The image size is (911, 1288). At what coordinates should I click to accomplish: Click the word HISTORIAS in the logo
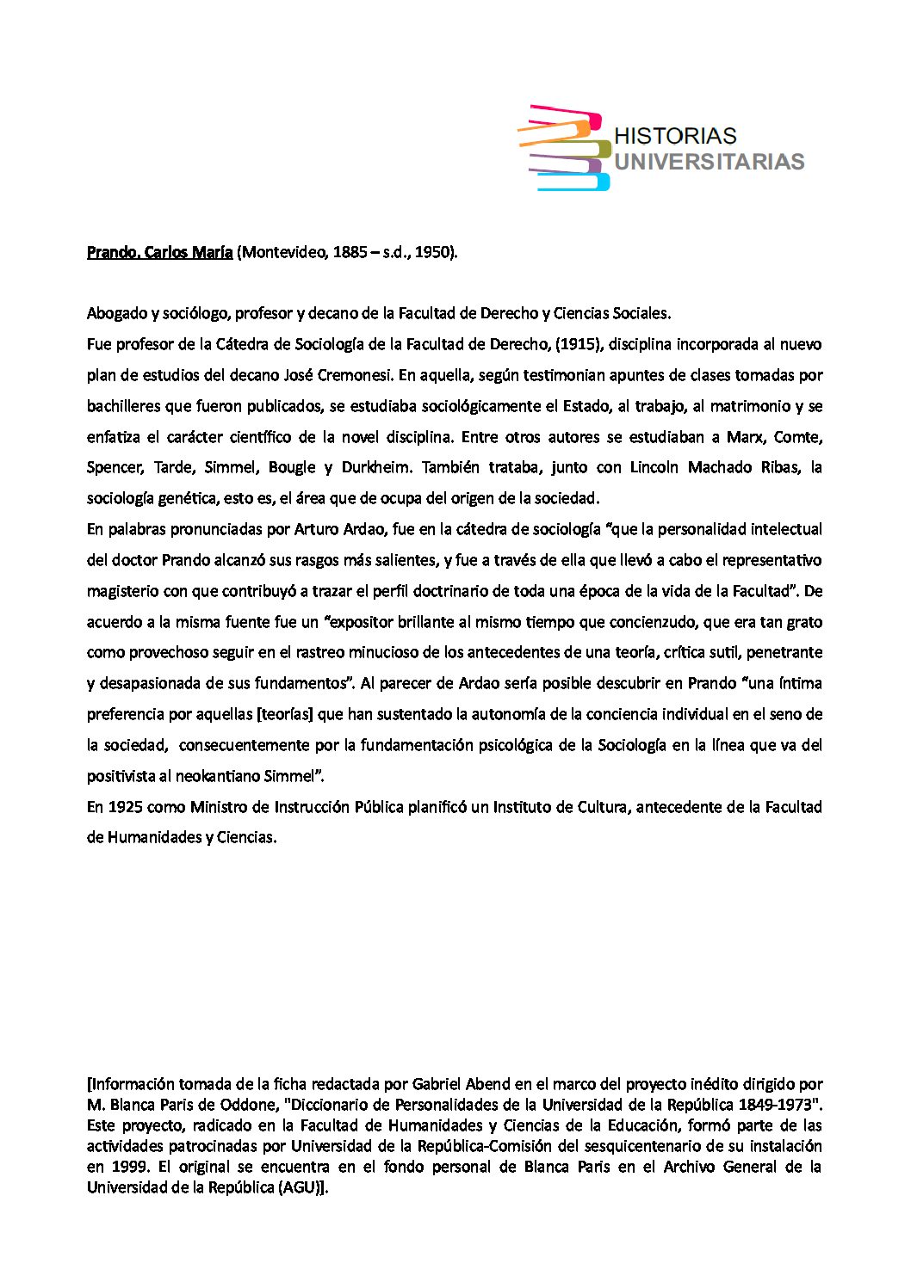coord(676,136)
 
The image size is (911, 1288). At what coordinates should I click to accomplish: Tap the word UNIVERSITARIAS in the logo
coord(710,161)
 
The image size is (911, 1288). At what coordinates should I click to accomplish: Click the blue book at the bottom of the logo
coord(573,182)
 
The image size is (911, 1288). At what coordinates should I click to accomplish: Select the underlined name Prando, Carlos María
coord(159,252)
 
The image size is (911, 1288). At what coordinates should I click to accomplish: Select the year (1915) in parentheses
coord(584,344)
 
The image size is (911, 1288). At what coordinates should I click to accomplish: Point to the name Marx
coord(745,437)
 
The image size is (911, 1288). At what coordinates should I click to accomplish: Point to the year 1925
coord(126,807)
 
